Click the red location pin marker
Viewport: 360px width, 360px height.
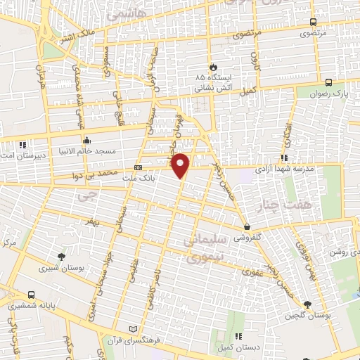tap(181, 165)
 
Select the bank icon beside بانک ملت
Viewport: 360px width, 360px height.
tap(138, 168)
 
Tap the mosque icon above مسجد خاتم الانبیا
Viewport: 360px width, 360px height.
tap(86, 139)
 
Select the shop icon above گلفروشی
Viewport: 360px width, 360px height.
tap(248, 227)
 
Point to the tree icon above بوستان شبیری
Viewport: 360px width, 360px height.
tap(62, 256)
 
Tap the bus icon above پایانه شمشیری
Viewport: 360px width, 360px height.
tap(31, 295)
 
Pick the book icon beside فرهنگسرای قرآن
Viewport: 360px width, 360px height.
tap(135, 329)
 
